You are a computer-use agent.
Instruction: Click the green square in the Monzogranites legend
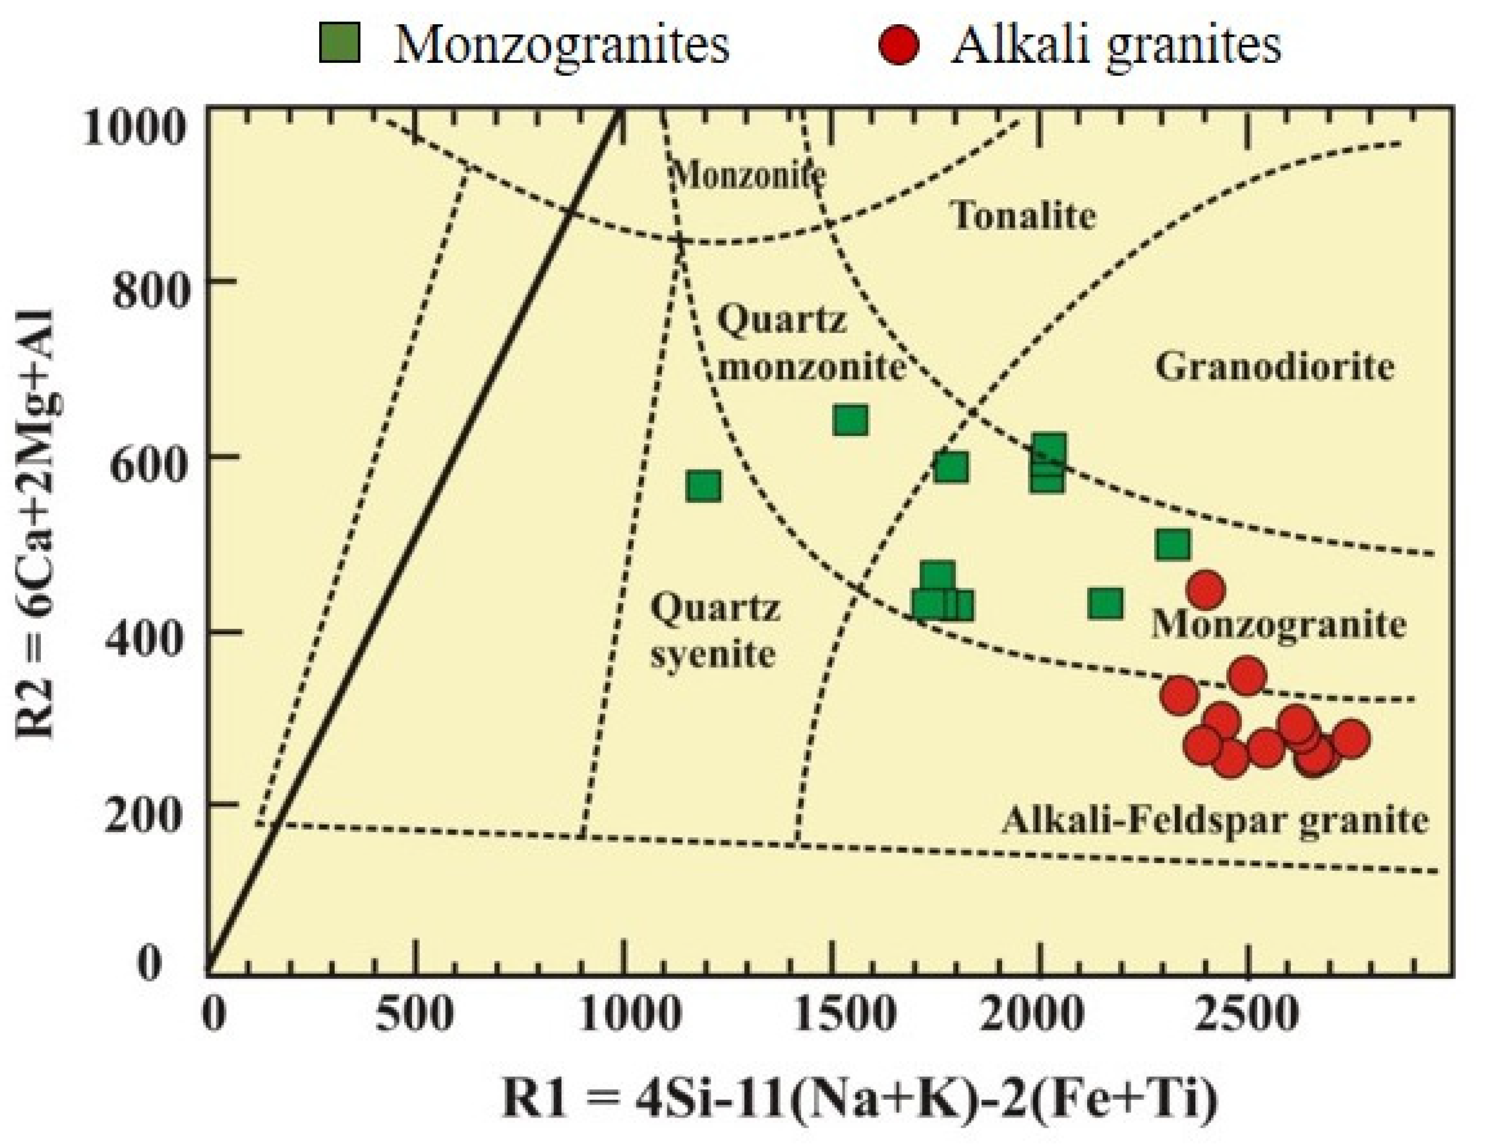pyautogui.click(x=340, y=44)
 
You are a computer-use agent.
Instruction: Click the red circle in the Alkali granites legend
pyautogui.click(x=899, y=45)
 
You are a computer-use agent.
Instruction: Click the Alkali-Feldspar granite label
pyautogui.click(x=1215, y=821)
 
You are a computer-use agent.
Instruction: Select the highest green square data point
pyautogui.click(x=851, y=419)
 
